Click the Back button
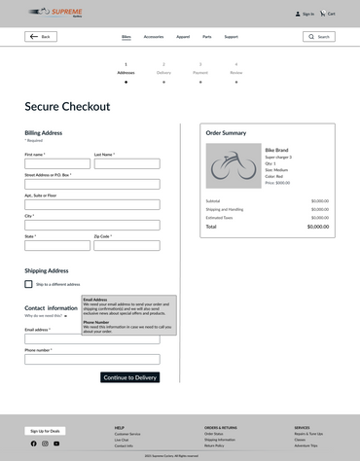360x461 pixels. [x=41, y=36]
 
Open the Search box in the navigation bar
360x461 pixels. [x=319, y=36]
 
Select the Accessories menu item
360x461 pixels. [x=154, y=36]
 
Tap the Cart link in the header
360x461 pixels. [x=328, y=14]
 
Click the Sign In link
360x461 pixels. [x=305, y=14]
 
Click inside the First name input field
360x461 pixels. [x=57, y=163]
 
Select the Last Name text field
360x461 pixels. [x=126, y=163]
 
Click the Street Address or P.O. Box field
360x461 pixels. [x=92, y=184]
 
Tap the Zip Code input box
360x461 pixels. [x=126, y=245]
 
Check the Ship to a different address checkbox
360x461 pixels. [x=29, y=284]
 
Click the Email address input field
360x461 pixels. [x=92, y=338]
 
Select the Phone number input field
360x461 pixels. [x=92, y=359]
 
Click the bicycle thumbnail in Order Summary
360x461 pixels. [x=234, y=165]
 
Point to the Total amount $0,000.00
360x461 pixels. [x=317, y=227]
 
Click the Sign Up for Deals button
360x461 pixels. [x=47, y=430]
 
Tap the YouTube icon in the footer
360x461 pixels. [x=56, y=443]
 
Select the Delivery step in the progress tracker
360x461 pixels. [x=163, y=72]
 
